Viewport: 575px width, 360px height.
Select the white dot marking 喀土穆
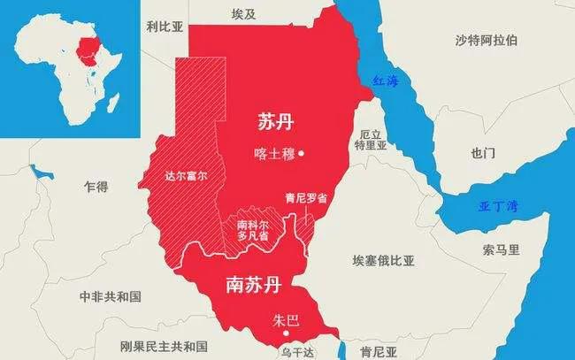pyautogui.click(x=302, y=153)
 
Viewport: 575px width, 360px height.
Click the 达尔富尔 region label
pyautogui.click(x=185, y=175)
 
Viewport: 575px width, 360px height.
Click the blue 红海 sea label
pyautogui.click(x=386, y=81)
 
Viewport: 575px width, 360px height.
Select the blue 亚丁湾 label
pyautogui.click(x=495, y=206)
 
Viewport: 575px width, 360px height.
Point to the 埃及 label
pyautogui.click(x=242, y=14)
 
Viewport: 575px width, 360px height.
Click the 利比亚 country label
pyautogui.click(x=165, y=27)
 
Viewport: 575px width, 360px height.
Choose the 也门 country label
pyautogui.click(x=483, y=153)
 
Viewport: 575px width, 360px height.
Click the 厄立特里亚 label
pyautogui.click(x=372, y=140)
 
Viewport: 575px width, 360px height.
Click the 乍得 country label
pyautogui.click(x=96, y=187)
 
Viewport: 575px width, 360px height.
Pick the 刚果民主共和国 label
pyautogui.click(x=166, y=345)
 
